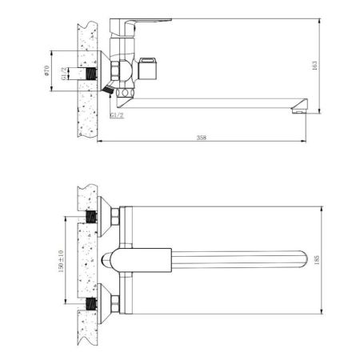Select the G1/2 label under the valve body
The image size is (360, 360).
(115, 117)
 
